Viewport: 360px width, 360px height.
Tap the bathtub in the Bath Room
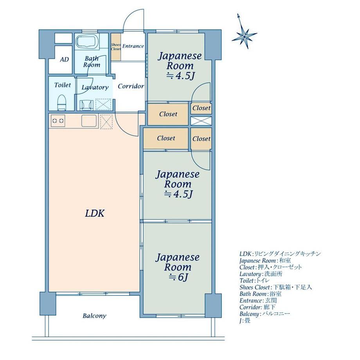pos(88,41)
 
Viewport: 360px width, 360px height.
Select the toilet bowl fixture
pos(61,103)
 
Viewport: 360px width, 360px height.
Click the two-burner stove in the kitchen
pos(58,121)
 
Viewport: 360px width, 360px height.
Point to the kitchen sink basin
pos(89,121)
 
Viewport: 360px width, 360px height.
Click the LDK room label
pos(95,214)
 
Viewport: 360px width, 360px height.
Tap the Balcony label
pos(94,316)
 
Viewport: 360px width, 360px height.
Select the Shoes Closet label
pos(116,47)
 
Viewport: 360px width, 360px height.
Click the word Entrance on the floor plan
pos(133,46)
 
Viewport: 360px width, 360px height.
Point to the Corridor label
pos(131,86)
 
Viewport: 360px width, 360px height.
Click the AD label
pos(64,59)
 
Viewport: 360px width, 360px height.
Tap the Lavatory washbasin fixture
pos(86,105)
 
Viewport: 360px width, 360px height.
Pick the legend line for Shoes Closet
pos(275,287)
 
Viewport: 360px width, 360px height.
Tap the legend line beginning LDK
pos(280,254)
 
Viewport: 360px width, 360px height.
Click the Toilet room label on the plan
pos(63,85)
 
